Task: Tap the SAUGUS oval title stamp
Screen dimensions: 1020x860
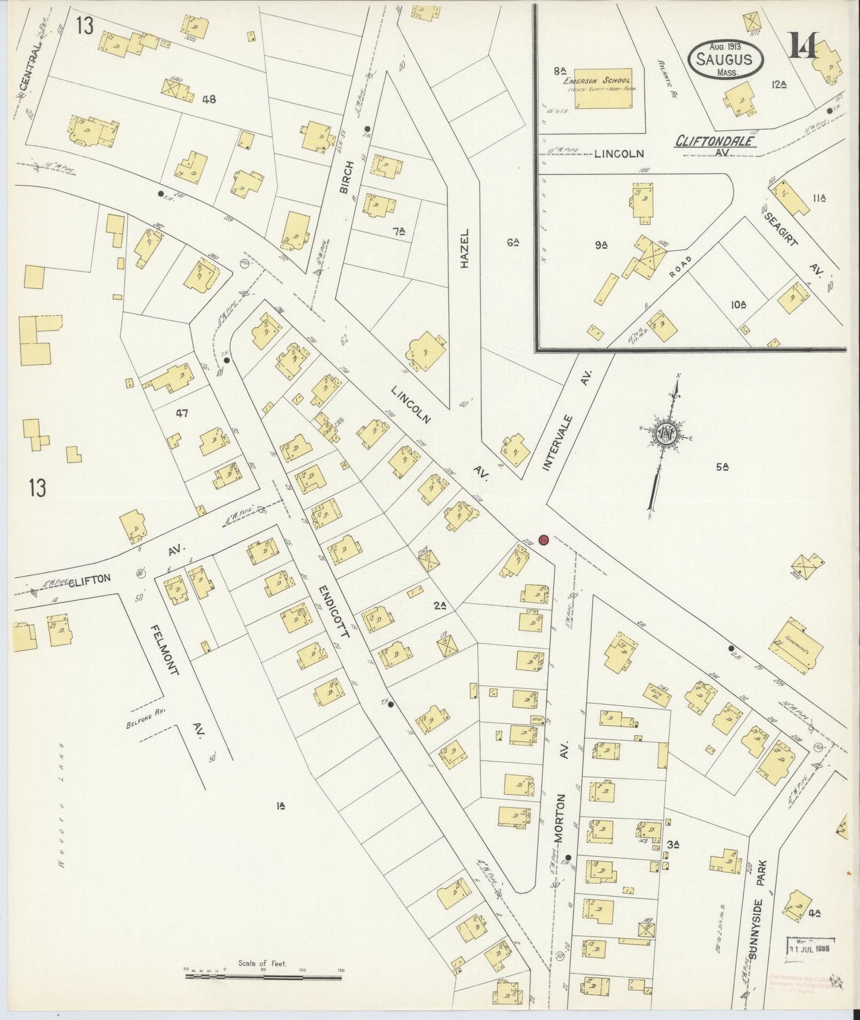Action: [x=724, y=60]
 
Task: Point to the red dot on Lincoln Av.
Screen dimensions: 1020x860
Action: [x=543, y=540]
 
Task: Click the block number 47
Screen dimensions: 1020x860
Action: [x=182, y=412]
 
